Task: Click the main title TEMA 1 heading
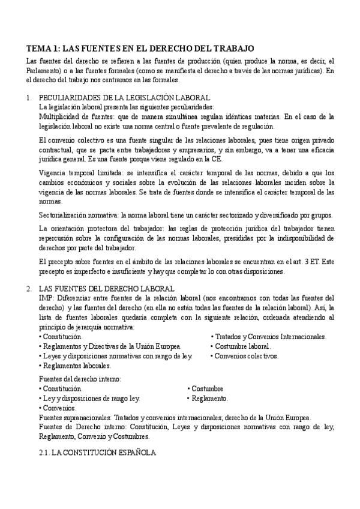(x=141, y=48)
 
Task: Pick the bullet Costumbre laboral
(x=242, y=346)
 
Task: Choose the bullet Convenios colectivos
(x=246, y=356)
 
